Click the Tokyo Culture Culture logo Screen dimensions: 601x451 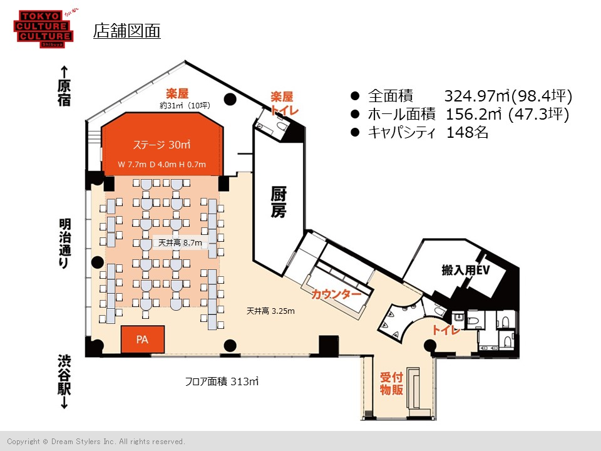44,29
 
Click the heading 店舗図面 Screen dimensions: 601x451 127,31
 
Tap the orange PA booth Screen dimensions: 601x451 143,340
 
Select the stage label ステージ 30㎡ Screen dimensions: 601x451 162,145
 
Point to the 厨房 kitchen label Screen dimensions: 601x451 279,202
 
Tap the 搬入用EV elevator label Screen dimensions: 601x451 466,270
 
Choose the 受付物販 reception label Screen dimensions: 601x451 391,383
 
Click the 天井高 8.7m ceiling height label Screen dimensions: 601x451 180,243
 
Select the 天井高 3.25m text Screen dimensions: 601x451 270,311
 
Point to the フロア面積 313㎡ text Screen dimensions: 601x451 222,381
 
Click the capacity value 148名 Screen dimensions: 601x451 467,132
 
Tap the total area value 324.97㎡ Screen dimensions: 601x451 478,96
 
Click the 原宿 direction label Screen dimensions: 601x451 64,93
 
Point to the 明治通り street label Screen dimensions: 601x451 64,243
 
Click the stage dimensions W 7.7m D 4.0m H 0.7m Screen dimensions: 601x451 162,165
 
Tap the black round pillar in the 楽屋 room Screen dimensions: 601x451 230,100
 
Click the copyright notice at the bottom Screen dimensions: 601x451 96,442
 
